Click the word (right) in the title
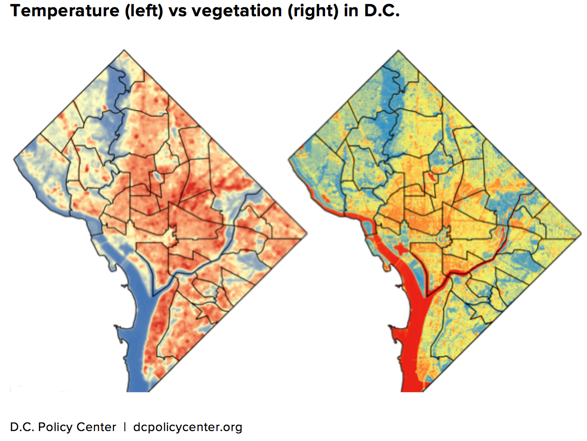pyautogui.click(x=312, y=11)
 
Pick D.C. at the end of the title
pyautogui.click(x=382, y=11)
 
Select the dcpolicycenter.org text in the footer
pyautogui.click(x=188, y=427)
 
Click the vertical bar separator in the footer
pyautogui.click(x=125, y=427)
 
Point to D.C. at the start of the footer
pyautogui.click(x=22, y=427)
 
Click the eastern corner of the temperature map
pyautogui.click(x=307, y=234)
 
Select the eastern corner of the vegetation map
pyautogui.click(x=581, y=234)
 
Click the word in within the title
pyautogui.click(x=350, y=11)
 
